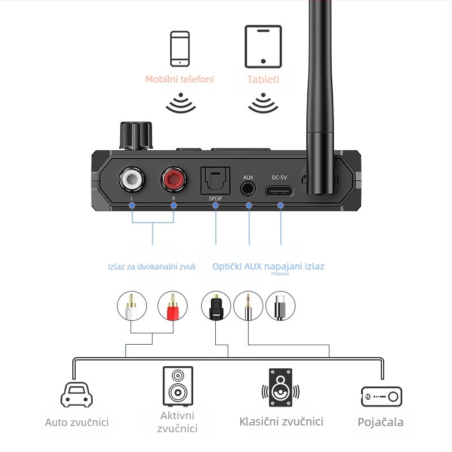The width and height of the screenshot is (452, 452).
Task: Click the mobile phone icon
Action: [180, 49]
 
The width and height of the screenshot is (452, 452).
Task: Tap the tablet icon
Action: [263, 46]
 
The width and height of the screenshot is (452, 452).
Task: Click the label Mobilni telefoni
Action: [180, 79]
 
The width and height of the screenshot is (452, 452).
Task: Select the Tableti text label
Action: [263, 79]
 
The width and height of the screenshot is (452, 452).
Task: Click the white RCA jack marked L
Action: [132, 180]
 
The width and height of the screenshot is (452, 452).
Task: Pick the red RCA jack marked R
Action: [173, 180]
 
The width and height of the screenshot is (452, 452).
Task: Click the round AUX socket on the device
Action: [248, 189]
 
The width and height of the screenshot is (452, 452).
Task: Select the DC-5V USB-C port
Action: [281, 189]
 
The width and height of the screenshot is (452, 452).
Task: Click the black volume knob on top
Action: [136, 134]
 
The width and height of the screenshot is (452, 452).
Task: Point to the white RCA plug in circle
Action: [132, 307]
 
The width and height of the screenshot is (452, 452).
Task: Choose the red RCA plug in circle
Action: [172, 307]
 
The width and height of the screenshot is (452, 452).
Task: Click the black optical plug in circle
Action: [216, 307]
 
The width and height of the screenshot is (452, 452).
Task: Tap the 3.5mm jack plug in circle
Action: [249, 307]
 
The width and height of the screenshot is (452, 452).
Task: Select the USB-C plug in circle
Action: [281, 307]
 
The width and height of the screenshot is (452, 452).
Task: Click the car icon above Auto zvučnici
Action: [75, 394]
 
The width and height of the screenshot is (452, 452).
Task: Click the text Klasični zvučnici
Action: [281, 421]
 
